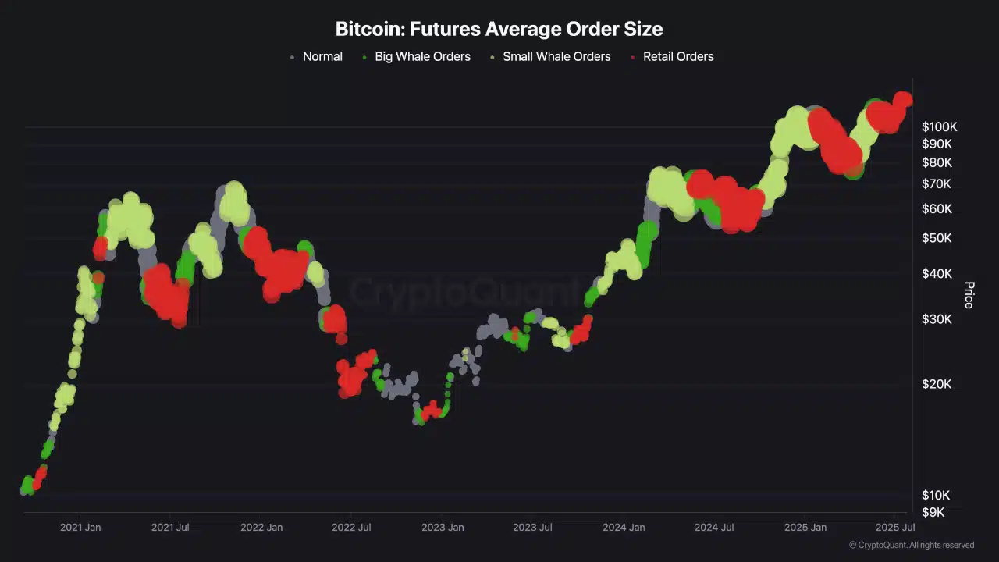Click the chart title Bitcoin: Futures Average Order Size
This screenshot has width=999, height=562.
pos(499,30)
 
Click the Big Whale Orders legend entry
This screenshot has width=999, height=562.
pos(422,56)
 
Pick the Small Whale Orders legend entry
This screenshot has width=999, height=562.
pos(556,56)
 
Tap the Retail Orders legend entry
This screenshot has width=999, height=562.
pos(677,56)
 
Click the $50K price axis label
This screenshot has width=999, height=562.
pos(937,237)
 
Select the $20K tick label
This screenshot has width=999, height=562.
pos(937,384)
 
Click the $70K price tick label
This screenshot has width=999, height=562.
pos(937,184)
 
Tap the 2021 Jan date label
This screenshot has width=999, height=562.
pos(80,528)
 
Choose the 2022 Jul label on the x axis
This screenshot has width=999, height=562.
pos(351,528)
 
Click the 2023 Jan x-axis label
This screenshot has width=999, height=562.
pos(443,528)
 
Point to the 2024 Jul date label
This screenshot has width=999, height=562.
pos(714,528)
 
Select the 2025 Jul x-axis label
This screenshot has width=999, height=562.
pos(895,528)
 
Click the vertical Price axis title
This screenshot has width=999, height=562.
pos(969,295)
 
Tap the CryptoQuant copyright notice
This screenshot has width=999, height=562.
pos(911,545)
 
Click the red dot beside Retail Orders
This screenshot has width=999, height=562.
pos(633,57)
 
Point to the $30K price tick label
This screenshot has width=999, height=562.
pos(937,319)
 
